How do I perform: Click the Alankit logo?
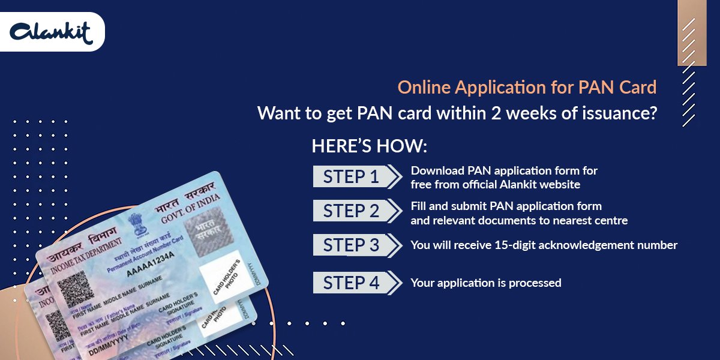(52, 32)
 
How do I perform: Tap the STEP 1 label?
(352, 176)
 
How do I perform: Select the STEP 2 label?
(352, 211)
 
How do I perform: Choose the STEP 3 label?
(352, 245)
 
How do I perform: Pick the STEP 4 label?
(352, 283)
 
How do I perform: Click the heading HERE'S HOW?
(369, 147)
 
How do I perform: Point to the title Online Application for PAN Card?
(527, 88)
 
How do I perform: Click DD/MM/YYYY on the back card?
(89, 352)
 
